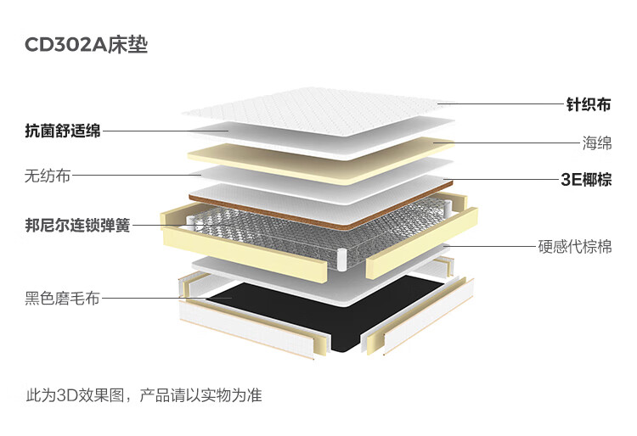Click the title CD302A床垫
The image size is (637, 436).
86,45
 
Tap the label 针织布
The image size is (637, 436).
589,104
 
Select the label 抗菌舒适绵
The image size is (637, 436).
63,131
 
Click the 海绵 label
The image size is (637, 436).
597,143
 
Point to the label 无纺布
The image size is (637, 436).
48,176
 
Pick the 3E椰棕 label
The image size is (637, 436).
586,179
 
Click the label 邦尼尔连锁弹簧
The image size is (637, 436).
77,225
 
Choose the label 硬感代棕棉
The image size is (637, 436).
575,246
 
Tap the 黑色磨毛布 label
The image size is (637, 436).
62,298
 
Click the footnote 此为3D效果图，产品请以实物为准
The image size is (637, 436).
144,394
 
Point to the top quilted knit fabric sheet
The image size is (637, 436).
318,110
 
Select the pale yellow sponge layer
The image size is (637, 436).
321,160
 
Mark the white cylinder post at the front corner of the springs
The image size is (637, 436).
341,260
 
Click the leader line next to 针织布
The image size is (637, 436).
502,103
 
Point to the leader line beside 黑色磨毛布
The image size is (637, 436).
166,298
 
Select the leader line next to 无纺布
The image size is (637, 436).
137,176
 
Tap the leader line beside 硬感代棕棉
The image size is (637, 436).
490,246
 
